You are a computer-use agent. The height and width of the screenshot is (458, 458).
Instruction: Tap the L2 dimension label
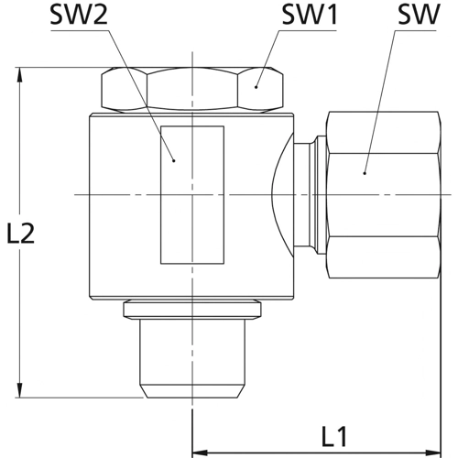point(20,234)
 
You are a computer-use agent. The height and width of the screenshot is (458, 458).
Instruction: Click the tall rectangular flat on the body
point(191,192)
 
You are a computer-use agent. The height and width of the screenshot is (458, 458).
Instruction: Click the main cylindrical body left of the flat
point(124,206)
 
